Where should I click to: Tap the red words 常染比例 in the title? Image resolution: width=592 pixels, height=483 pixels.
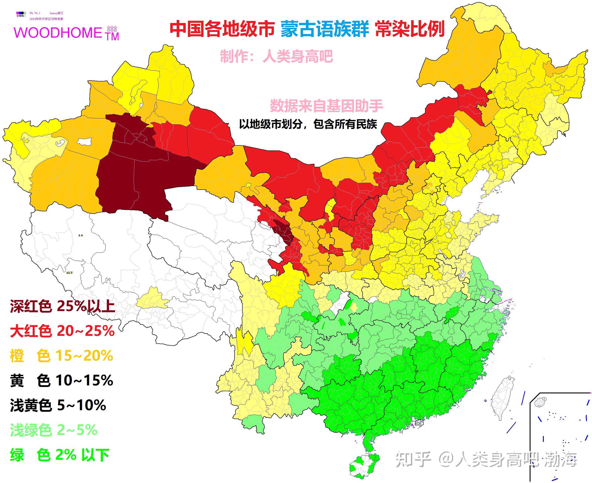(410, 29)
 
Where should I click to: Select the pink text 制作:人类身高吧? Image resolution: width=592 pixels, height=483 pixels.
(276, 56)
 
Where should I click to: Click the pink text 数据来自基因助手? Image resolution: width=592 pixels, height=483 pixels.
(326, 106)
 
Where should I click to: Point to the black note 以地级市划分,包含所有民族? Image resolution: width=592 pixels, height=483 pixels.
(308, 124)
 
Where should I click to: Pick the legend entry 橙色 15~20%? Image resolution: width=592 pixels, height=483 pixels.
(61, 356)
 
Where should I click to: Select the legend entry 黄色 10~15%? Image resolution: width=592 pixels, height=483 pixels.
(61, 380)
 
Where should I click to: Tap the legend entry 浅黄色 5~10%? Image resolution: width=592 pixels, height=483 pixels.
(58, 405)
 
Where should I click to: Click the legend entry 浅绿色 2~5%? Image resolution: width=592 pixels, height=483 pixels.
(54, 430)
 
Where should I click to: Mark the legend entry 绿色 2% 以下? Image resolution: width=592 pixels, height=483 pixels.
(59, 455)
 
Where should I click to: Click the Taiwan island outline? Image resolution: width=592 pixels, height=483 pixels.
(503, 398)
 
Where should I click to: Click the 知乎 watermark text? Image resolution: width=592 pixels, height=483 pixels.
(413, 459)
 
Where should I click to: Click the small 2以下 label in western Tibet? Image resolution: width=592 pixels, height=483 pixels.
(69, 273)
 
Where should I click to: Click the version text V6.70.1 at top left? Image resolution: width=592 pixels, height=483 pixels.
(35, 13)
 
